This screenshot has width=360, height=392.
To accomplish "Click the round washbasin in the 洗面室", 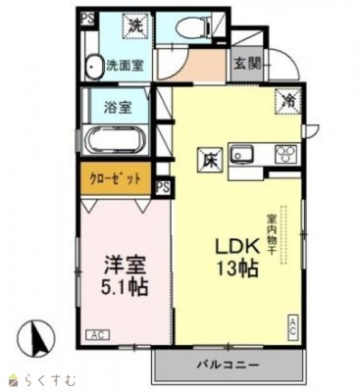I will point(93,67).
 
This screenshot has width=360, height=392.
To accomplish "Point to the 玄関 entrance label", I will point(246,65).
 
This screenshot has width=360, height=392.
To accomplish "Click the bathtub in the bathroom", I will point(117,139).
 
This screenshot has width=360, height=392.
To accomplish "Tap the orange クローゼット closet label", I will point(117,179).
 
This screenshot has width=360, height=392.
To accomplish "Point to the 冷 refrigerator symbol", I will point(290,99).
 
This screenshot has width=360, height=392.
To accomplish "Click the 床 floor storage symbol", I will point(209,156).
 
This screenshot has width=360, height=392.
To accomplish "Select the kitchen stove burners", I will point(286,153).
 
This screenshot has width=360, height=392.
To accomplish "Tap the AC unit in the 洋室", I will point(96,333).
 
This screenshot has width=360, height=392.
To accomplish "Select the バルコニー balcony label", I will point(231,365).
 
